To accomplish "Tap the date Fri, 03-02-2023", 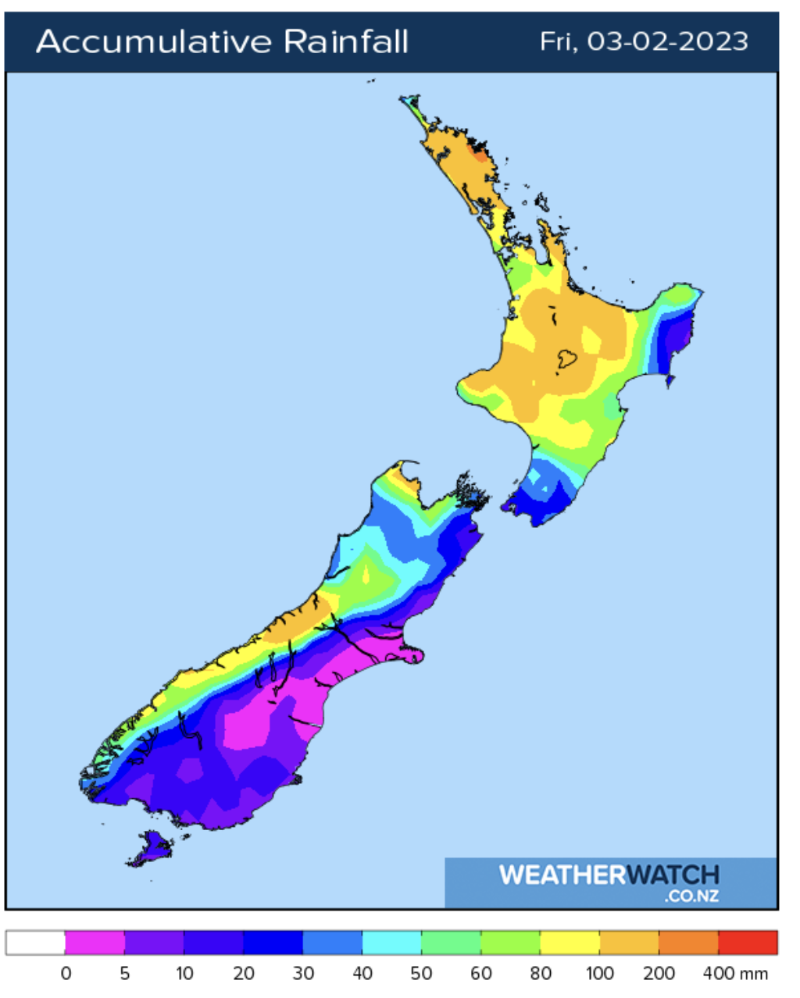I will click(x=644, y=41).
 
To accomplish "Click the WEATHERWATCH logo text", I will click(x=609, y=875).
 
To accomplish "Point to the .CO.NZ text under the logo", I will click(x=691, y=896).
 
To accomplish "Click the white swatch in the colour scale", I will click(x=35, y=943).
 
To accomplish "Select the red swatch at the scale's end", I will click(x=748, y=943).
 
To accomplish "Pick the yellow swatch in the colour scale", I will click(x=570, y=943).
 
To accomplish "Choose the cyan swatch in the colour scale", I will click(x=391, y=943).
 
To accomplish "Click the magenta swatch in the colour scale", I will click(x=95, y=943).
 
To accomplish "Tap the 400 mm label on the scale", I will click(x=735, y=974).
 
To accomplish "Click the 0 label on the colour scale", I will click(x=66, y=974).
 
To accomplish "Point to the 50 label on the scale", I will click(x=421, y=974).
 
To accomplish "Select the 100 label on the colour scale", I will click(x=600, y=974).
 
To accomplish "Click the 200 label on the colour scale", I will click(x=659, y=974).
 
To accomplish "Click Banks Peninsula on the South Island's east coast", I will click(x=411, y=653).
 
